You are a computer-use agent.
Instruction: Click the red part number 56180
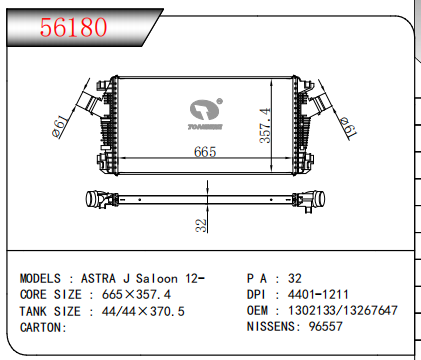(x=73, y=27)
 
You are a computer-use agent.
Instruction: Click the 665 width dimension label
(x=205, y=152)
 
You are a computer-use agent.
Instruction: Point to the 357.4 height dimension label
(x=265, y=125)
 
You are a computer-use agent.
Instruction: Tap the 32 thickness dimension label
(x=201, y=225)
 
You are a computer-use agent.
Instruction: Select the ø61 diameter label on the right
(x=348, y=128)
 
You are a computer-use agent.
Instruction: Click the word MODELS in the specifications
(x=40, y=278)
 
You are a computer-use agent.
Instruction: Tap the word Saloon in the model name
(x=157, y=278)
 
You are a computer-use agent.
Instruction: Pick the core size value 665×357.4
(x=136, y=294)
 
